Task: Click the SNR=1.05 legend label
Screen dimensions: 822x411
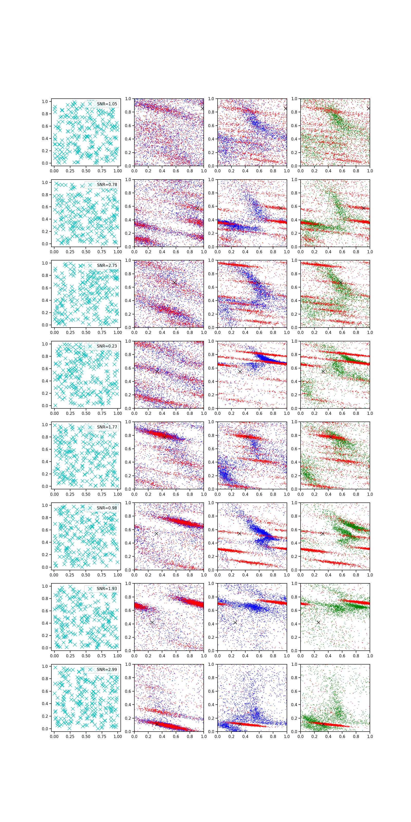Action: (107, 104)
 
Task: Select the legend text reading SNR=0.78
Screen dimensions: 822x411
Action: (107, 184)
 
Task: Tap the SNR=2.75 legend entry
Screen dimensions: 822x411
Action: (107, 265)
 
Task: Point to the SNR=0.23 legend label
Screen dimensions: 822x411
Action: (107, 346)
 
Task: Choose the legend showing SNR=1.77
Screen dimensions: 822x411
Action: (107, 427)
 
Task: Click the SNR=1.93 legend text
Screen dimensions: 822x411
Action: (107, 589)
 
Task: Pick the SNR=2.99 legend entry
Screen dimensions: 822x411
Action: (107, 669)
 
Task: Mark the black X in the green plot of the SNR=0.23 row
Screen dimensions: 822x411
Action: (323, 371)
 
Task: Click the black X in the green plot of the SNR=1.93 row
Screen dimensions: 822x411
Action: (318, 622)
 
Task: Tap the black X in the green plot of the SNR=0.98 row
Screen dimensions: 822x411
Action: (323, 534)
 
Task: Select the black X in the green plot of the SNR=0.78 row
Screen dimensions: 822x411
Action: (363, 208)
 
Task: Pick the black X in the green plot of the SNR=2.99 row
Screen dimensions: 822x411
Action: (323, 724)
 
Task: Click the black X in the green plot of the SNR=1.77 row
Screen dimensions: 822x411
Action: (331, 436)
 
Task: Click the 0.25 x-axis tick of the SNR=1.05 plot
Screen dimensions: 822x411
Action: (70, 171)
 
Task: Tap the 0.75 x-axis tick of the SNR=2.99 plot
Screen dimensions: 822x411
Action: (102, 737)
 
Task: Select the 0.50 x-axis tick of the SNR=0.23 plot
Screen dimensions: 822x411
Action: (86, 413)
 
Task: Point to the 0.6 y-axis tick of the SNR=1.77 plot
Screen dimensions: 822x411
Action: (45, 449)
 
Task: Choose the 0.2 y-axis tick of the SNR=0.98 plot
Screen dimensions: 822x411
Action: (45, 555)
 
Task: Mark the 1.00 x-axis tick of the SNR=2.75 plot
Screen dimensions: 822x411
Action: (118, 332)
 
